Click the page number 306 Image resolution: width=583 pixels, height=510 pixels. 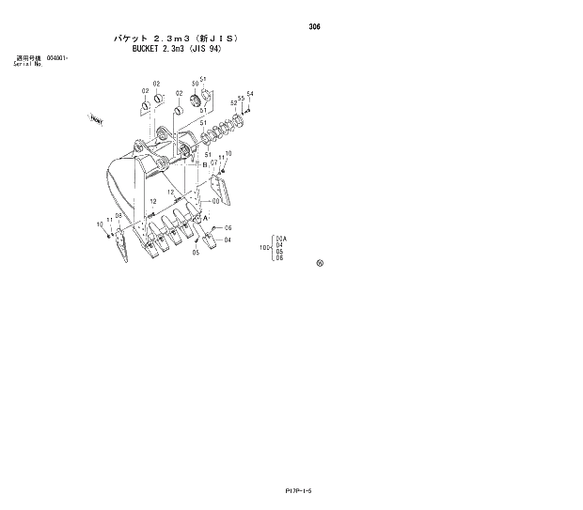pos(314,27)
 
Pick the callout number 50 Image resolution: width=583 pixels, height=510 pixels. pos(195,85)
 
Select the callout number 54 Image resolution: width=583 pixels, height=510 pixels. pos(250,94)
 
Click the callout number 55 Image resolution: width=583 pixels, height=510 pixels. pos(241,98)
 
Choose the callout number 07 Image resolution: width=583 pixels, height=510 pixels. pos(213,162)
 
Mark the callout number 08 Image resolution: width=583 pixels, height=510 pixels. pos(118,215)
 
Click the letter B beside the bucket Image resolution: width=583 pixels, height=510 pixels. pos(203,163)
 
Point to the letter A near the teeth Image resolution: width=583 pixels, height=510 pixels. pos(205,218)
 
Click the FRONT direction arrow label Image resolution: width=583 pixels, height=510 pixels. pos(96,119)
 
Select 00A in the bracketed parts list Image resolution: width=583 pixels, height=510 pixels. pos(280,239)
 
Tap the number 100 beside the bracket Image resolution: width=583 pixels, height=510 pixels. pos(264,248)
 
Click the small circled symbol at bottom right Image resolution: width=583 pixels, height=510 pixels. pos(320,263)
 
